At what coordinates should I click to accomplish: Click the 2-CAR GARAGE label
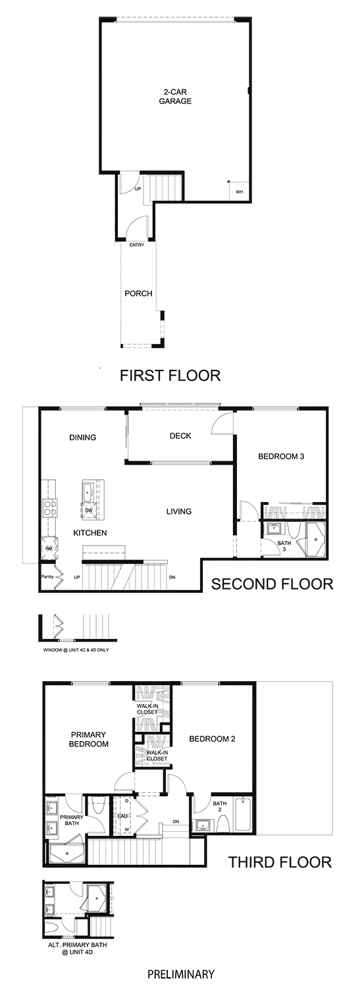(176, 97)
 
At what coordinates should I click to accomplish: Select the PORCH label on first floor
(138, 294)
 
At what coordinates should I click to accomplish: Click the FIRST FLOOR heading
(170, 375)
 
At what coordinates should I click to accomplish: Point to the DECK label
(180, 436)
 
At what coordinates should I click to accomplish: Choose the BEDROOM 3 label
(281, 456)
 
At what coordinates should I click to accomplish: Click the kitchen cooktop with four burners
(49, 508)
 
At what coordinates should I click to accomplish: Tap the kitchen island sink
(88, 492)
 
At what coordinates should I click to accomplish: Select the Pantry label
(48, 576)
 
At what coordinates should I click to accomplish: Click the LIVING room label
(179, 511)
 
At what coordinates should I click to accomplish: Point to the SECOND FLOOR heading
(272, 584)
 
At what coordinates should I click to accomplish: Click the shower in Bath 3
(316, 539)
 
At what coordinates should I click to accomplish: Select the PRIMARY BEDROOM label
(88, 739)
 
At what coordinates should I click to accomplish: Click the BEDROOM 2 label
(212, 738)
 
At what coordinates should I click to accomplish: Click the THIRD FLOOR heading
(280, 862)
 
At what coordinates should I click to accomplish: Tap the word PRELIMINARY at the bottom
(181, 973)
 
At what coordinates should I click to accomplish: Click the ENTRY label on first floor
(136, 245)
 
